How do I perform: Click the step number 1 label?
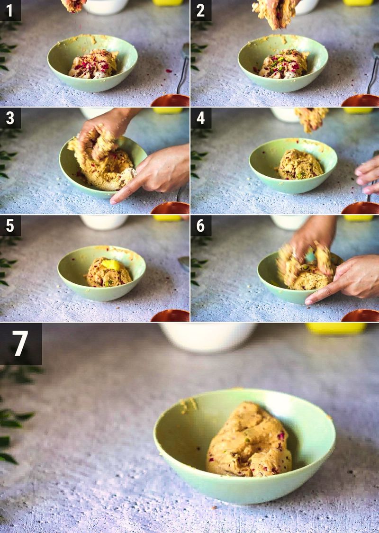[10, 10]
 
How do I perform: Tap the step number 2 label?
[200, 10]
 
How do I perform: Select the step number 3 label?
[10, 118]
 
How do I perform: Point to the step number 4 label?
[200, 118]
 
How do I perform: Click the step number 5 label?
[10, 226]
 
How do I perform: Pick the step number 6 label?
[200, 226]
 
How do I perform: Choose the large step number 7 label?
[20, 343]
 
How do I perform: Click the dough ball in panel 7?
[249, 441]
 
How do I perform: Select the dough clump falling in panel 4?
[311, 118]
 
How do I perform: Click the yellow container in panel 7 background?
[336, 328]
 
